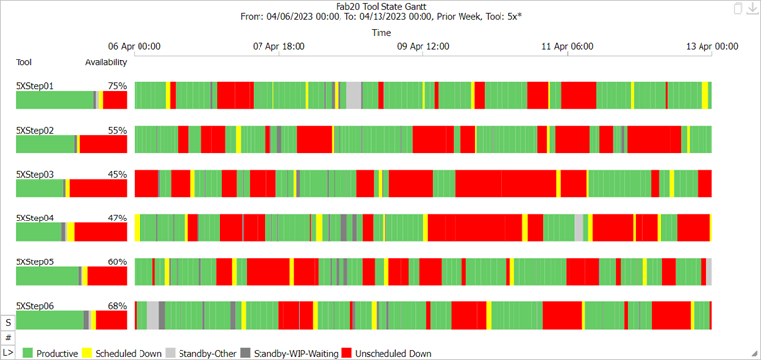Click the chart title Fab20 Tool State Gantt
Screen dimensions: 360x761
click(380, 7)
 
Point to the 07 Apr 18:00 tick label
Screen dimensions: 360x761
click(278, 46)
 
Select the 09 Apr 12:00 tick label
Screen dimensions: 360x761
click(422, 46)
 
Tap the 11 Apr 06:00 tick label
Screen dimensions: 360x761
click(567, 46)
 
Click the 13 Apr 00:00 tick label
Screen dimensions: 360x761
click(711, 46)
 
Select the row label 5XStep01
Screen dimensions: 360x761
click(34, 86)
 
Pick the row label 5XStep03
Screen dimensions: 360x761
click(34, 174)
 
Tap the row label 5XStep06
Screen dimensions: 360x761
click(34, 306)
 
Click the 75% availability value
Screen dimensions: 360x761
click(117, 86)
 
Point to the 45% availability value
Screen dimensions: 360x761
click(117, 174)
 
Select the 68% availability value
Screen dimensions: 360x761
click(117, 306)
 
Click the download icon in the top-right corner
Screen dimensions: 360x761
click(751, 9)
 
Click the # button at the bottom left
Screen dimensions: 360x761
click(8, 337)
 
